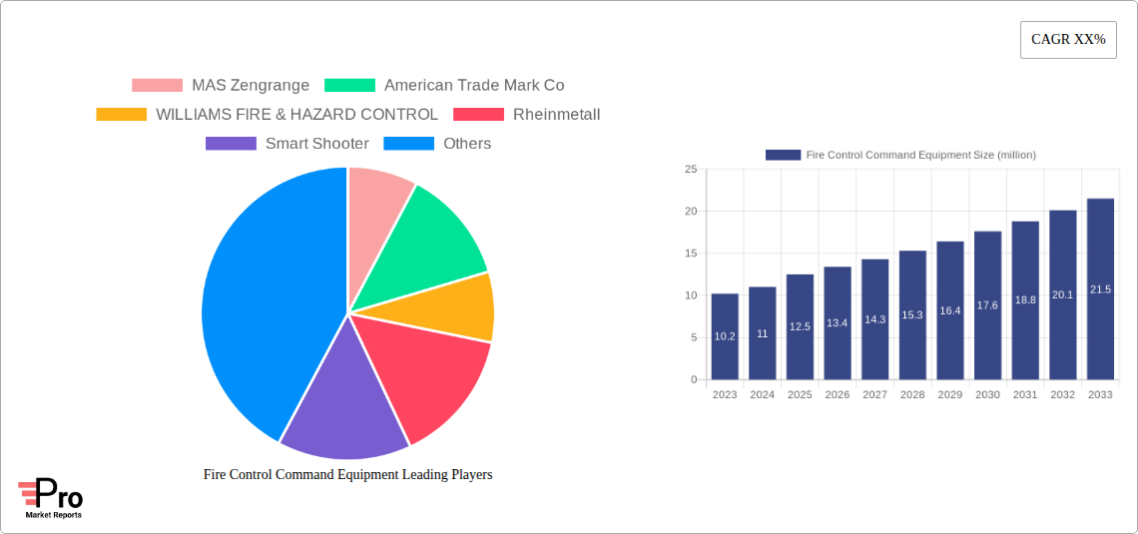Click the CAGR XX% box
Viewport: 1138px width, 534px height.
pos(1067,40)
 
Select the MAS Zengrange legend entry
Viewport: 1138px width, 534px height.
pos(221,86)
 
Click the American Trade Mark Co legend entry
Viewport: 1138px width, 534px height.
pos(444,86)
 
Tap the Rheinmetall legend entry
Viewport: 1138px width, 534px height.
pos(526,115)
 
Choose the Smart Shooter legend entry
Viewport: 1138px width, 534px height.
pos(286,144)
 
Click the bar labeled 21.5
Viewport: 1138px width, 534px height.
pos(1100,289)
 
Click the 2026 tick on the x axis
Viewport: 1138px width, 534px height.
pos(838,395)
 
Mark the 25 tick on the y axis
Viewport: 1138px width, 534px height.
pos(691,170)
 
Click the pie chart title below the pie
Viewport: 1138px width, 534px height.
pos(347,475)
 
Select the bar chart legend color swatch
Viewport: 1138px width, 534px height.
pos(783,155)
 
